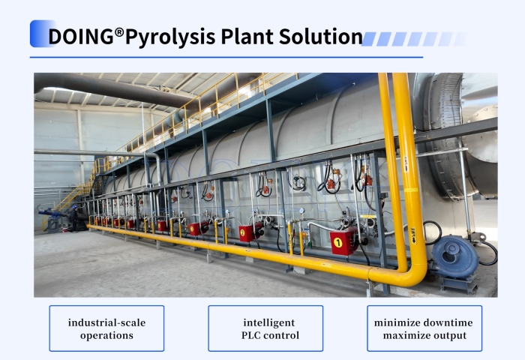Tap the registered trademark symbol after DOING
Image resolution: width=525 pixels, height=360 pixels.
(x=119, y=33)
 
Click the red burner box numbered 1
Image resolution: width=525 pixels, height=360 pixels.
(x=342, y=241)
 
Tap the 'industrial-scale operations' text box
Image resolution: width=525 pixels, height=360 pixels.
(x=106, y=328)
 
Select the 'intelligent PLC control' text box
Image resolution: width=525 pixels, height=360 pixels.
(x=265, y=328)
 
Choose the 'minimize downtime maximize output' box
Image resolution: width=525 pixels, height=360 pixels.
(x=424, y=328)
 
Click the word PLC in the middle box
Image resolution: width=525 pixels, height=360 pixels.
(x=247, y=335)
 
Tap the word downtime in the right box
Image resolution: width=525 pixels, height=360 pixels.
(x=445, y=322)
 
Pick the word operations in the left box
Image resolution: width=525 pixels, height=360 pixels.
(x=106, y=335)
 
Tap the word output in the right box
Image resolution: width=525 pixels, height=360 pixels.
(x=450, y=335)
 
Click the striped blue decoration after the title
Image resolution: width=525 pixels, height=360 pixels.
(x=412, y=38)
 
